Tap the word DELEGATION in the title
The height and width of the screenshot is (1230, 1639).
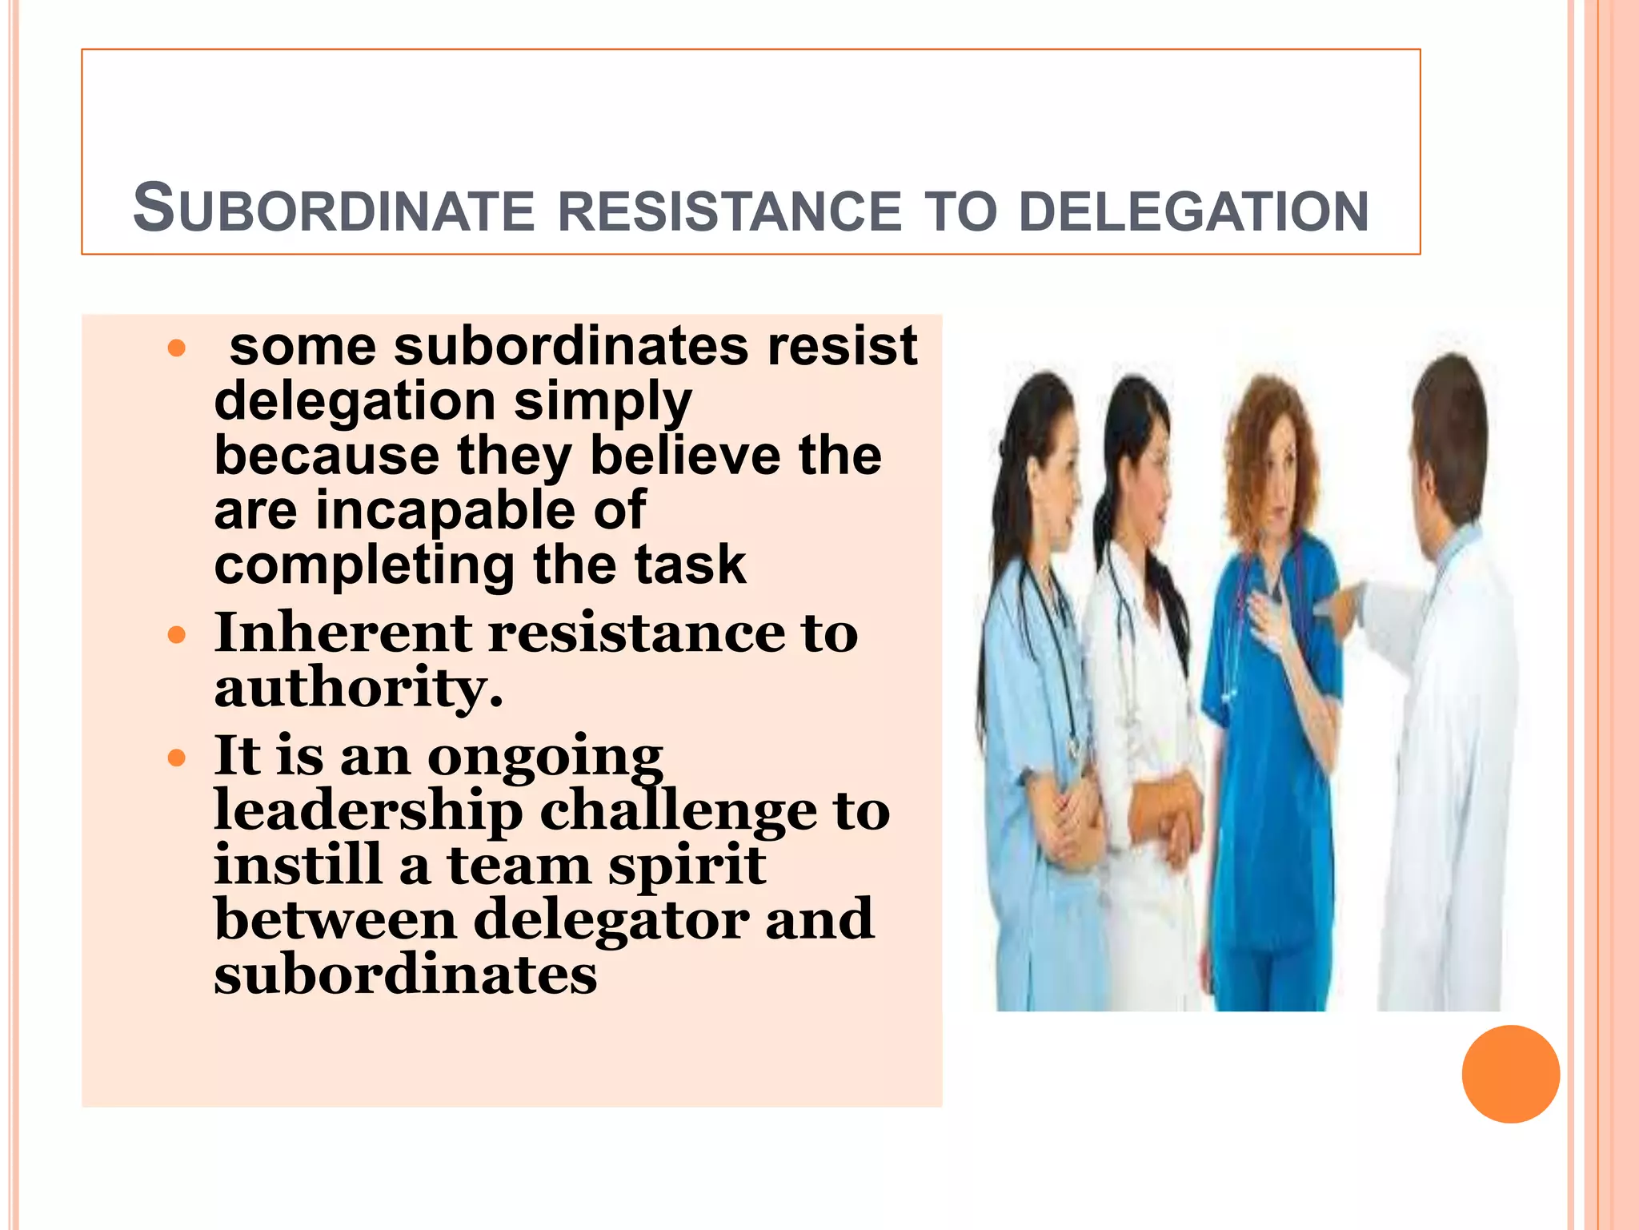[x=1193, y=211]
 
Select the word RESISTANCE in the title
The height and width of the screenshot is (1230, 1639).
[x=729, y=211]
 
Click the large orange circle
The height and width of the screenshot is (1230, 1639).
[x=1510, y=1074]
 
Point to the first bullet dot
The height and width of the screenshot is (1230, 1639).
[x=177, y=348]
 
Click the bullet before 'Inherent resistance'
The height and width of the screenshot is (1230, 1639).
[x=177, y=637]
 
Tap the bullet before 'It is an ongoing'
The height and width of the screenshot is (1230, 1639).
[x=177, y=758]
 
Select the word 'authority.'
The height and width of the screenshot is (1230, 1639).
[x=359, y=687]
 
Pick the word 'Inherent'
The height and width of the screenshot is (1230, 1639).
[x=343, y=633]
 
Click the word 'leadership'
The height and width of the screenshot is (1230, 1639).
[x=368, y=810]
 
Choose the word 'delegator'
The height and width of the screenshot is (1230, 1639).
[x=611, y=919]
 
